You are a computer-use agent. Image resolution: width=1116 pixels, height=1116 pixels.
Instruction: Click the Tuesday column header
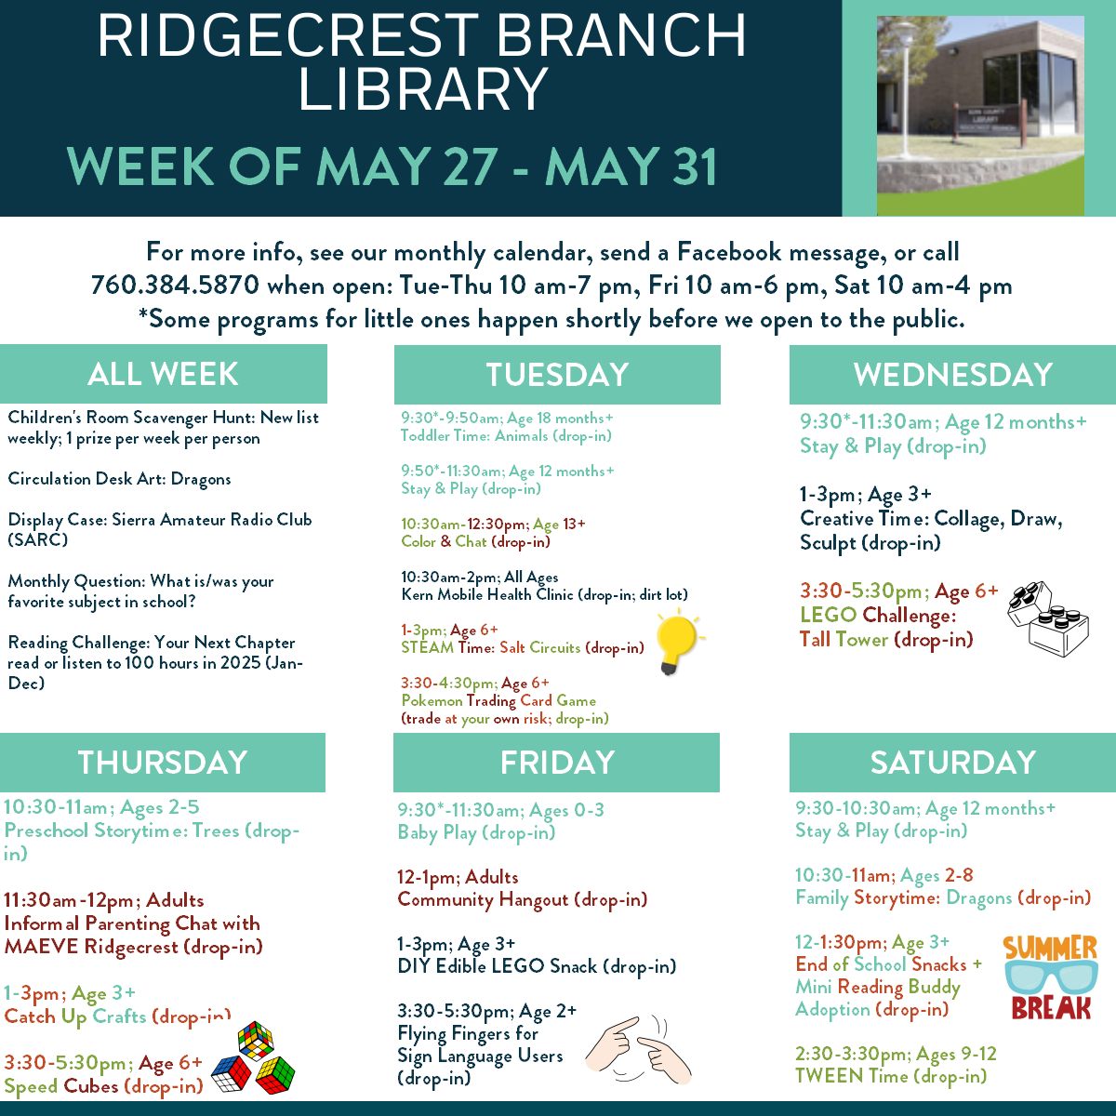pos(557,374)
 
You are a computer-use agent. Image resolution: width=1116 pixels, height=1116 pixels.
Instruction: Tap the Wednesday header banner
pos(952,374)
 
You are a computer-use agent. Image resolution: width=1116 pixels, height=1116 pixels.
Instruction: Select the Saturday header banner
pos(952,763)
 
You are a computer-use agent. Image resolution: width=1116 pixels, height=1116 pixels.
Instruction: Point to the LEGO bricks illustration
pos(1048,619)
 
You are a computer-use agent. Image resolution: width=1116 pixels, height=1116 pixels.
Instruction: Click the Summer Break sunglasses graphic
pos(1051,977)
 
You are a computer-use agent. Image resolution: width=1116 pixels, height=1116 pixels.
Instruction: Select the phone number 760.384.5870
pos(175,285)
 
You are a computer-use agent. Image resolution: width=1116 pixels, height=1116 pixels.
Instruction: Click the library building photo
pos(980,115)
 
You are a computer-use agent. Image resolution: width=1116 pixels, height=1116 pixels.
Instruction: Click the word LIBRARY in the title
pos(422,88)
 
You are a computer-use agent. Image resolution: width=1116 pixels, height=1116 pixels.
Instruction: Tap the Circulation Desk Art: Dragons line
pos(119,479)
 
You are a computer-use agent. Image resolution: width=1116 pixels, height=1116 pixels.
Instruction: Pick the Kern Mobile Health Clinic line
pos(544,595)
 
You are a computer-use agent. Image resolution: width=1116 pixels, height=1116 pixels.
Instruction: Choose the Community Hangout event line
pos(522,899)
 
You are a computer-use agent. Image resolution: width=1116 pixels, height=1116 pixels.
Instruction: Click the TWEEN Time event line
pos(891,1076)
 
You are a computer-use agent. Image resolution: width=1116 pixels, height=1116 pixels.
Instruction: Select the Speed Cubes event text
pos(103,1086)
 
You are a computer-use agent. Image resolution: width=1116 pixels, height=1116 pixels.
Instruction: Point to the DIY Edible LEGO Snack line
pos(537,966)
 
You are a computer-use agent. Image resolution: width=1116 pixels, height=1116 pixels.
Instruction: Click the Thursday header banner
pos(163,763)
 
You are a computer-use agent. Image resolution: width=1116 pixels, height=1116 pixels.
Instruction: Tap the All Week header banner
pos(164,374)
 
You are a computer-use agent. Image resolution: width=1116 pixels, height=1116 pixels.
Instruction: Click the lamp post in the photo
pos(904,90)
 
